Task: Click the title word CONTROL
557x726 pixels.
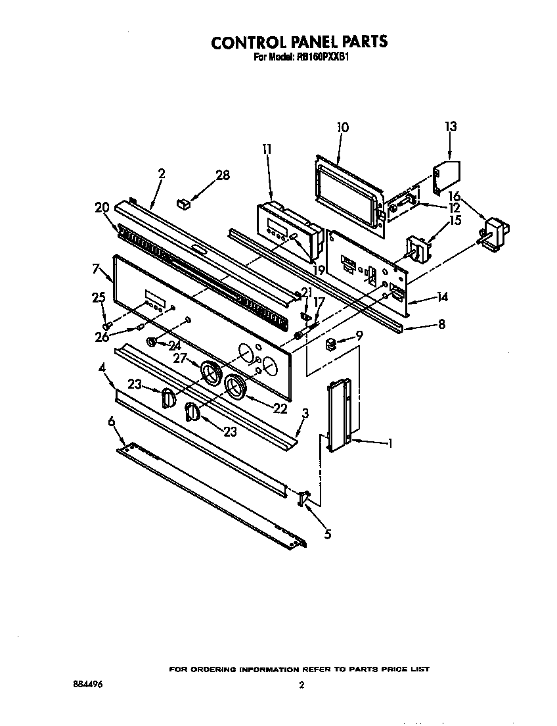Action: click(248, 42)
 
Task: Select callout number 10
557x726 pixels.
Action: click(342, 128)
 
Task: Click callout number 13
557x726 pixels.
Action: click(450, 126)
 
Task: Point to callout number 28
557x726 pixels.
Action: click(223, 175)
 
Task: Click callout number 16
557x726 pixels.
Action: click(454, 196)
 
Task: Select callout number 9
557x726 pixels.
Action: click(359, 336)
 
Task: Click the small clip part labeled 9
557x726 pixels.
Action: click(332, 343)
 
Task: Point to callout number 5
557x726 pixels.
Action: click(328, 534)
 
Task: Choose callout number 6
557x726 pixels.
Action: click(111, 421)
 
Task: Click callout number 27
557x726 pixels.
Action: click(181, 358)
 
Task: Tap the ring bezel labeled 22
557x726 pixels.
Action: click(236, 387)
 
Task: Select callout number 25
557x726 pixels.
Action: click(99, 298)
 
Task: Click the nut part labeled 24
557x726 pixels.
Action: click(152, 342)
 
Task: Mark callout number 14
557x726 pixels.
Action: click(442, 298)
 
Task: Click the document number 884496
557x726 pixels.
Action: click(88, 684)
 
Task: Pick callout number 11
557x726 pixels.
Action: click(266, 149)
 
